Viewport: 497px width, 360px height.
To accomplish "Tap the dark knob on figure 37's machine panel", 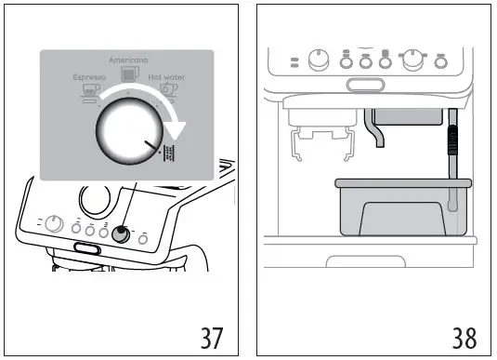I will pos(120,235).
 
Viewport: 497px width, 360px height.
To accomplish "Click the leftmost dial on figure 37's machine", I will pos(54,224).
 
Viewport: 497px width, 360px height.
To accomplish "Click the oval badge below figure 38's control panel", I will pos(363,86).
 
